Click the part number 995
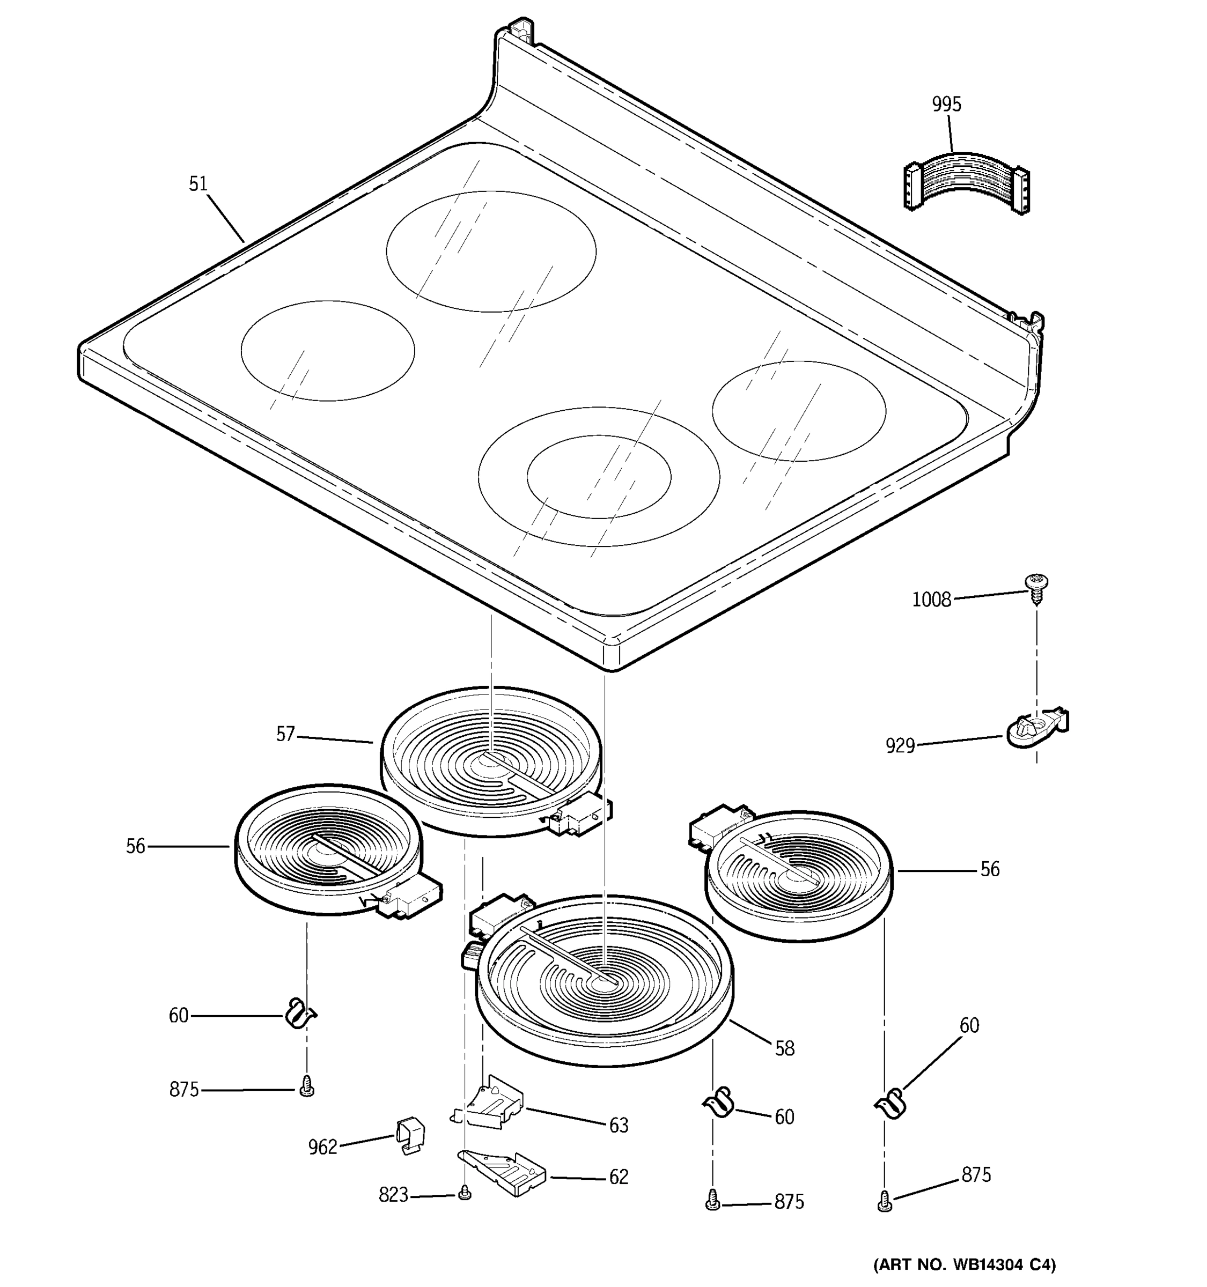point(946,104)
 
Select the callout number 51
point(197,184)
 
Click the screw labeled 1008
point(1036,587)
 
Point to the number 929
point(900,746)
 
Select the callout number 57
point(285,734)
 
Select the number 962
point(322,1147)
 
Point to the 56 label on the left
point(135,846)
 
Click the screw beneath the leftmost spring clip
point(307,1090)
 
